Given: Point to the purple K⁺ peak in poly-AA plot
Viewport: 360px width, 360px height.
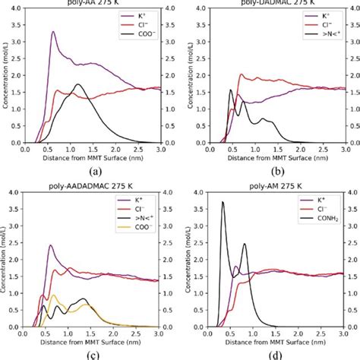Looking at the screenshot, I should (x=52, y=32).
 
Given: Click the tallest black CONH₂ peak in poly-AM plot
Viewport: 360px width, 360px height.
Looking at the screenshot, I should (x=222, y=202).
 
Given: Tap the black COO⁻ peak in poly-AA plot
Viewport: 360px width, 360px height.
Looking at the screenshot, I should (x=77, y=84).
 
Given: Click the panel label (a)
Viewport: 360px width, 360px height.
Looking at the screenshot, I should (x=96, y=172).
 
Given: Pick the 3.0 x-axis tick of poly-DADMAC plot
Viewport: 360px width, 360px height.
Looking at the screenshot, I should (x=337, y=150).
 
